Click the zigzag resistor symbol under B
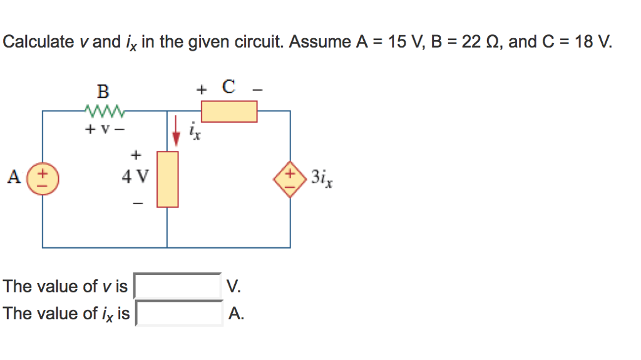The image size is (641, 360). coord(103,112)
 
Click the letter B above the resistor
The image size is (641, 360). coord(103,91)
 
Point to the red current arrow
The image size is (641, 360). coord(176,130)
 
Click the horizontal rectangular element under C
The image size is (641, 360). coord(228,111)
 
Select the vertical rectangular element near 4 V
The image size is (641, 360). coord(167,179)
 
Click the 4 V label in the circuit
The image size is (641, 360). coord(135,177)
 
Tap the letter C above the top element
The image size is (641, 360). coord(228,87)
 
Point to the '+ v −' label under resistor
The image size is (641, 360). coord(103,130)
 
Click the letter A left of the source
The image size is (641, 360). coord(13,177)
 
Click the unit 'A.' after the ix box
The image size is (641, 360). coord(236,313)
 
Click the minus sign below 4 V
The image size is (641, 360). coord(138,203)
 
